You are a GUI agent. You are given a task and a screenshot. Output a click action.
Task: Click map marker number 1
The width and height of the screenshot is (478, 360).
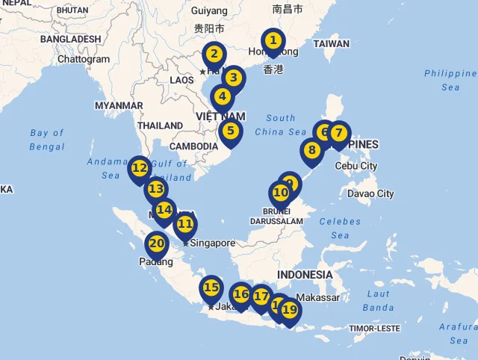273,40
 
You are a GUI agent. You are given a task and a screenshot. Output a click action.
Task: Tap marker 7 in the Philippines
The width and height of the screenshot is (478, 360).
339,134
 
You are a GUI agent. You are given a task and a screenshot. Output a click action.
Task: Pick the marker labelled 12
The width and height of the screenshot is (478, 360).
139,168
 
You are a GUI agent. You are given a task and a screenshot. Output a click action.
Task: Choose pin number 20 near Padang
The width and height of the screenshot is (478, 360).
156,243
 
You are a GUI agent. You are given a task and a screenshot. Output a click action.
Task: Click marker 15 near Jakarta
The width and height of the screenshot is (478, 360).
211,288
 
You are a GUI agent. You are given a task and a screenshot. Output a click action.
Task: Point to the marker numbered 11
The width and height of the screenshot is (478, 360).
185,223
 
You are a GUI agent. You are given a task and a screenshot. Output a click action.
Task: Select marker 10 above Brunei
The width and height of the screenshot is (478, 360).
280,193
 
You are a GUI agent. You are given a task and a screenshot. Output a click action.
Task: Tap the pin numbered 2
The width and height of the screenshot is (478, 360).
214,54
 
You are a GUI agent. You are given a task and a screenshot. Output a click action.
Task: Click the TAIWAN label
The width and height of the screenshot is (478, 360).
331,43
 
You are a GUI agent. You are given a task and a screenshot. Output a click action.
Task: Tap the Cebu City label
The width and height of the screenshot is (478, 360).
356,166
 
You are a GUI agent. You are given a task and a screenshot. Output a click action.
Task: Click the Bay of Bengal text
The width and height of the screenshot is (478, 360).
47,140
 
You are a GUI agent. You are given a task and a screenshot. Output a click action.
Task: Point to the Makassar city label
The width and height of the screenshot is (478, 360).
317,297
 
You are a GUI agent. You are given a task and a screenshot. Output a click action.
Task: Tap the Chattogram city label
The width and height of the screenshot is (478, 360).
84,59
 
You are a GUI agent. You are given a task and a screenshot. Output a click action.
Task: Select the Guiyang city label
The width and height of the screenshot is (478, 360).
209,10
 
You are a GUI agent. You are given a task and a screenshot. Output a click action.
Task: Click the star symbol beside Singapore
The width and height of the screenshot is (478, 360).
185,243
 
